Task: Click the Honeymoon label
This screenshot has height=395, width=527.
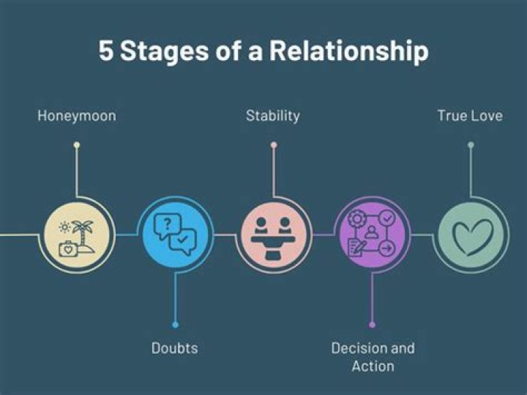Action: coord(76,116)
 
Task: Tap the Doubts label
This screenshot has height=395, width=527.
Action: coord(175,348)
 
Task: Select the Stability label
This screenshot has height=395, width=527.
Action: coord(272,116)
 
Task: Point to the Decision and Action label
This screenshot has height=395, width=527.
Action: coord(373,356)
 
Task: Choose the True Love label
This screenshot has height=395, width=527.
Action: coord(470,116)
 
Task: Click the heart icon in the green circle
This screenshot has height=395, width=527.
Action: coord(472,237)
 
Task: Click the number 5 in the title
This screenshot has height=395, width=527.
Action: coord(106,53)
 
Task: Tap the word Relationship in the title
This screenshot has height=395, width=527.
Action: coord(348,53)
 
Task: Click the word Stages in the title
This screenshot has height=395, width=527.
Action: coord(170,53)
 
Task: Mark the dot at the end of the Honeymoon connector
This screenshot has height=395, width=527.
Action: coord(77,145)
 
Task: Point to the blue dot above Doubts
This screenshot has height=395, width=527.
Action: coord(175,324)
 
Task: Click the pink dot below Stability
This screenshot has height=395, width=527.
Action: coord(273,145)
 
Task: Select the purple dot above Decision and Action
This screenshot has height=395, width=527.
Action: coord(372,324)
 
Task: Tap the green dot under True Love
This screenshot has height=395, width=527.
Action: coord(471,145)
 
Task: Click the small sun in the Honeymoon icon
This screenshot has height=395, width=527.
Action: coord(65,227)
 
